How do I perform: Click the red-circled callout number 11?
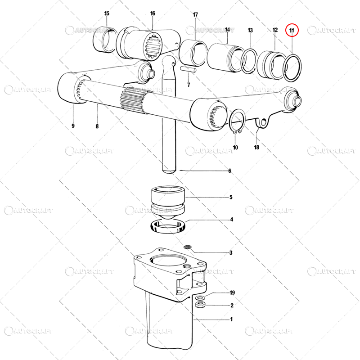click(292, 30)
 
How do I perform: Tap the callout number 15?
click(107, 13)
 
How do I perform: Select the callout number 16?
click(153, 13)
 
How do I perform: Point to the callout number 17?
click(195, 15)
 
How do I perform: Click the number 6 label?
click(229, 171)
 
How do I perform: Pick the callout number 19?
click(232, 293)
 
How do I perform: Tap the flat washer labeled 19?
click(200, 298)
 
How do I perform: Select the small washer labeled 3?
click(187, 247)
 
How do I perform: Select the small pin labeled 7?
click(188, 69)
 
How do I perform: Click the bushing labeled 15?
click(104, 40)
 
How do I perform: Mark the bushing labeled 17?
click(193, 53)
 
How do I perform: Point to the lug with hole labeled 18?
click(262, 122)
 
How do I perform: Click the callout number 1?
click(231, 319)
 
